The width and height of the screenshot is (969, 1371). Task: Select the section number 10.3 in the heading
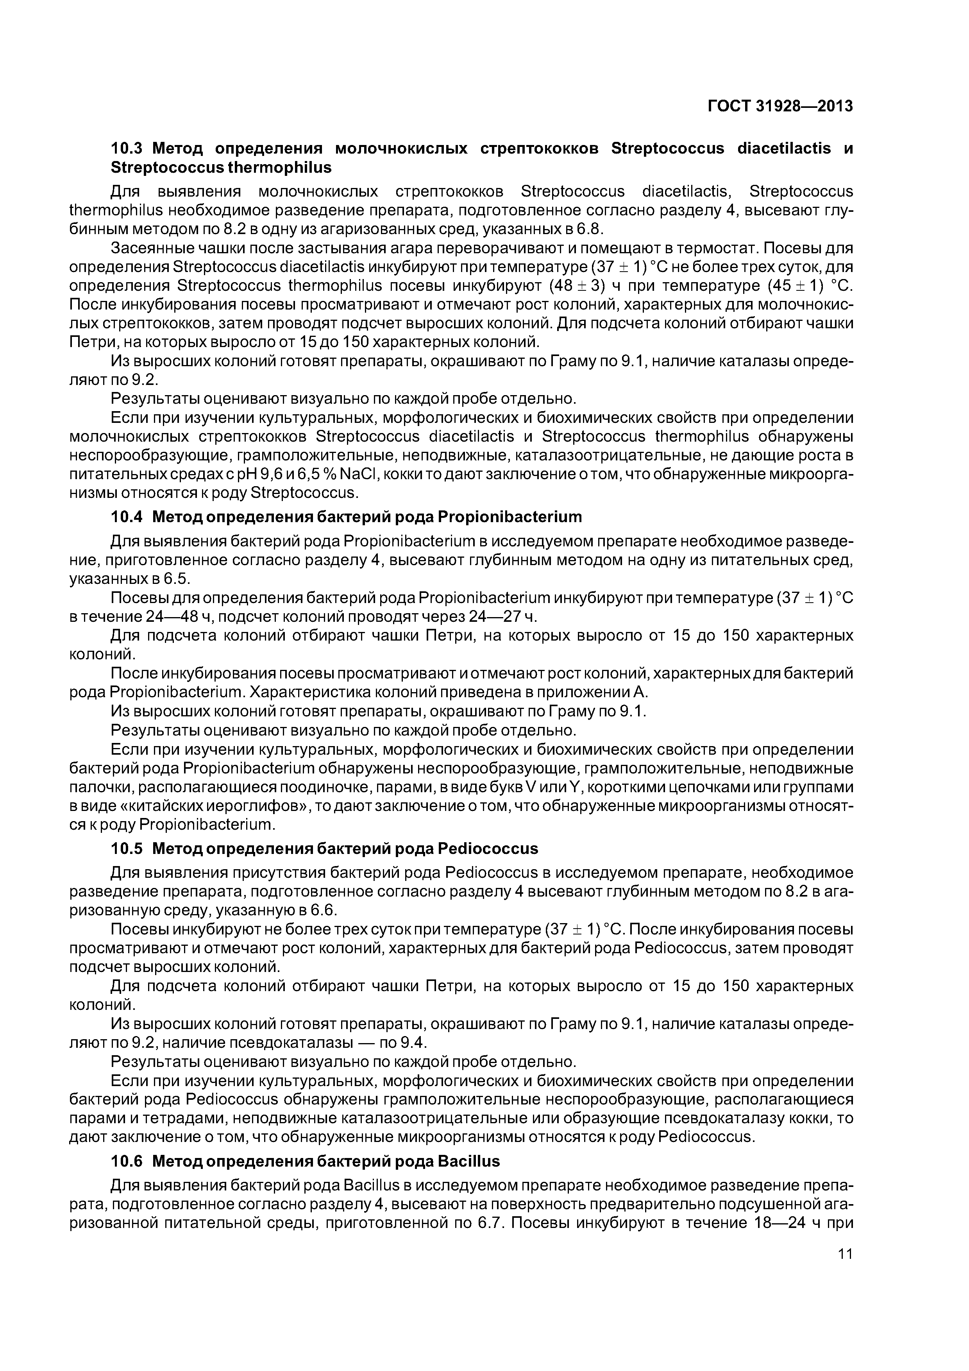[x=127, y=148]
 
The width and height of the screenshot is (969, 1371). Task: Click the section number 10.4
[x=127, y=517]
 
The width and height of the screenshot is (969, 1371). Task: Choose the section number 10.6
[x=127, y=1162]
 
